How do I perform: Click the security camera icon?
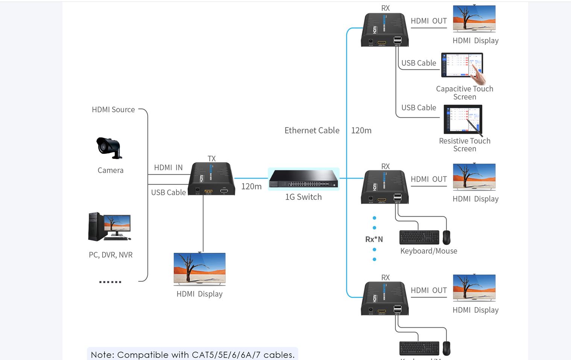(x=109, y=147)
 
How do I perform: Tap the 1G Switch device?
(x=304, y=179)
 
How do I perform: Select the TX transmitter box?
(x=212, y=179)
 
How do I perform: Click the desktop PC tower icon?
(x=96, y=226)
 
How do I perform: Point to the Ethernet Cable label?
(x=312, y=131)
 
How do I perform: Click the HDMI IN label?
(x=168, y=167)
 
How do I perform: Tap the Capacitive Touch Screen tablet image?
(x=462, y=65)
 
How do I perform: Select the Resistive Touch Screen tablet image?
(x=463, y=119)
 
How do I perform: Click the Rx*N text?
(x=374, y=239)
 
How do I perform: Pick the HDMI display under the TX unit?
(x=199, y=269)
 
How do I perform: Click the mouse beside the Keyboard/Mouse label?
(x=446, y=237)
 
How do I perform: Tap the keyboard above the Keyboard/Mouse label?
(x=419, y=237)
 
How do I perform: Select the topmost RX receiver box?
(x=384, y=30)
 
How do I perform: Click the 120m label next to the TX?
(x=251, y=187)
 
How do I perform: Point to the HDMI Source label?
(x=113, y=109)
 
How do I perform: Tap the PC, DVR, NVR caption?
(x=111, y=255)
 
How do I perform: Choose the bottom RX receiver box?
(x=384, y=299)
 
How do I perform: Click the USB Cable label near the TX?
(x=168, y=192)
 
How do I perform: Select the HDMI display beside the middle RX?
(x=474, y=176)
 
